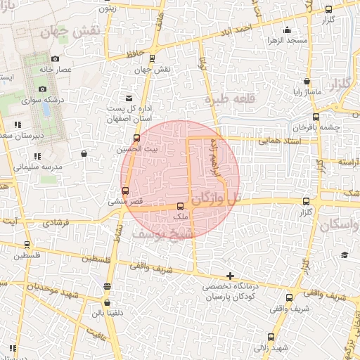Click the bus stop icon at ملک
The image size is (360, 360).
tap(181, 206)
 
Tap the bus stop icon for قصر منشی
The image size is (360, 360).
tap(126, 191)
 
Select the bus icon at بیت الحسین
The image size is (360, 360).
tap(136, 137)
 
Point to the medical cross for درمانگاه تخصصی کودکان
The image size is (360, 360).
tap(230, 274)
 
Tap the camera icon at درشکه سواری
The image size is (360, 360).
tap(43, 89)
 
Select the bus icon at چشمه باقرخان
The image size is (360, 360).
tap(316, 117)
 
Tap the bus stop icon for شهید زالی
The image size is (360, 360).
tap(271, 338)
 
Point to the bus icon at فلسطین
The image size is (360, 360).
tap(27, 245)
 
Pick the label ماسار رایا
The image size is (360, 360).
tap(307, 92)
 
